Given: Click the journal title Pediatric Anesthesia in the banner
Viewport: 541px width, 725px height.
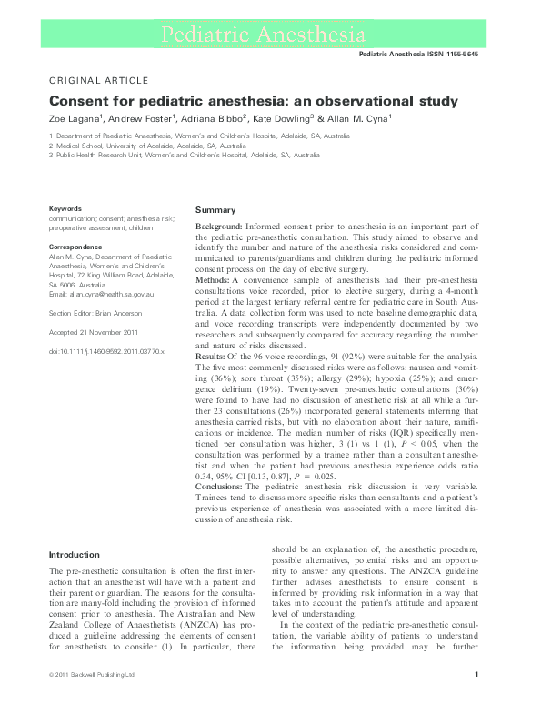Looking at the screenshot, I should tap(269, 35).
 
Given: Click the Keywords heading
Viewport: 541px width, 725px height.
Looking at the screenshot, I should tap(65, 208).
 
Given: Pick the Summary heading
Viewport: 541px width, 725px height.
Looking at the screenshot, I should tap(215, 210).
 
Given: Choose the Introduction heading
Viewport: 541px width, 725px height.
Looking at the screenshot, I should tap(74, 554).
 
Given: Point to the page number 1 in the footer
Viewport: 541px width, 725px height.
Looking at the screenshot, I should tap(477, 700).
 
